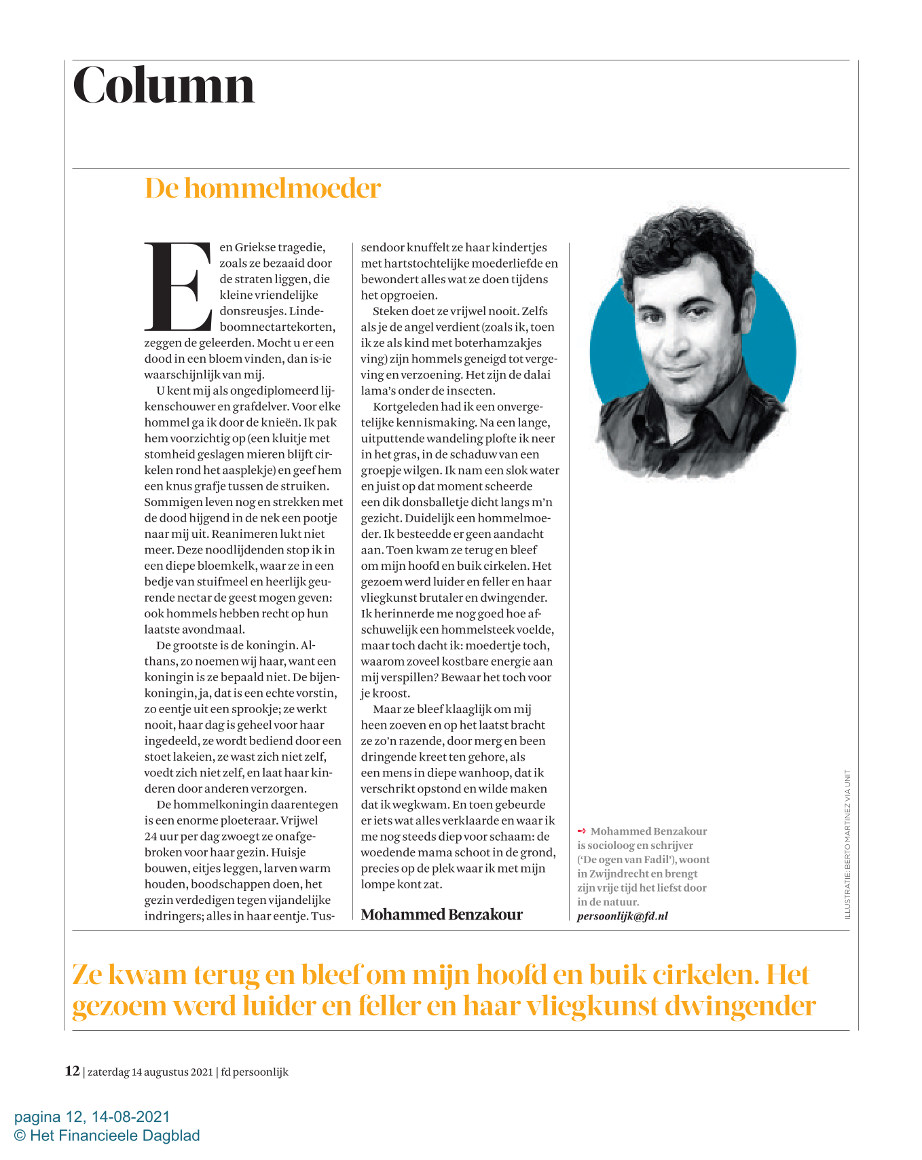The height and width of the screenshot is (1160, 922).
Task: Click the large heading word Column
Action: [x=164, y=86]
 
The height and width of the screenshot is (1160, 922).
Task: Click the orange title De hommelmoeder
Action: [x=263, y=188]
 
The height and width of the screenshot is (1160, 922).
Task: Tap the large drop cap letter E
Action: [x=178, y=285]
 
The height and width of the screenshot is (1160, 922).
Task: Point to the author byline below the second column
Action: [x=441, y=914]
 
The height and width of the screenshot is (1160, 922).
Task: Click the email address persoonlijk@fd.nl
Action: [x=622, y=916]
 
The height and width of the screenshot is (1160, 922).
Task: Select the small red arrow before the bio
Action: [x=581, y=831]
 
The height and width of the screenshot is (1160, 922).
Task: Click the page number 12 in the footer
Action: [x=72, y=1071]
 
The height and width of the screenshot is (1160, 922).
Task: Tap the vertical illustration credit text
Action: [x=847, y=844]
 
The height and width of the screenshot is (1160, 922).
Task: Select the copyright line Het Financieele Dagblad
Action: [x=107, y=1136]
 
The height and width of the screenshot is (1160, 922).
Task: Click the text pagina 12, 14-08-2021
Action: [x=92, y=1117]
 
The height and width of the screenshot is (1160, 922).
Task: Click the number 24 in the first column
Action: [x=151, y=836]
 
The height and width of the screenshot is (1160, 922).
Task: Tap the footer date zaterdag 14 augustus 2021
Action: [x=150, y=1072]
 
